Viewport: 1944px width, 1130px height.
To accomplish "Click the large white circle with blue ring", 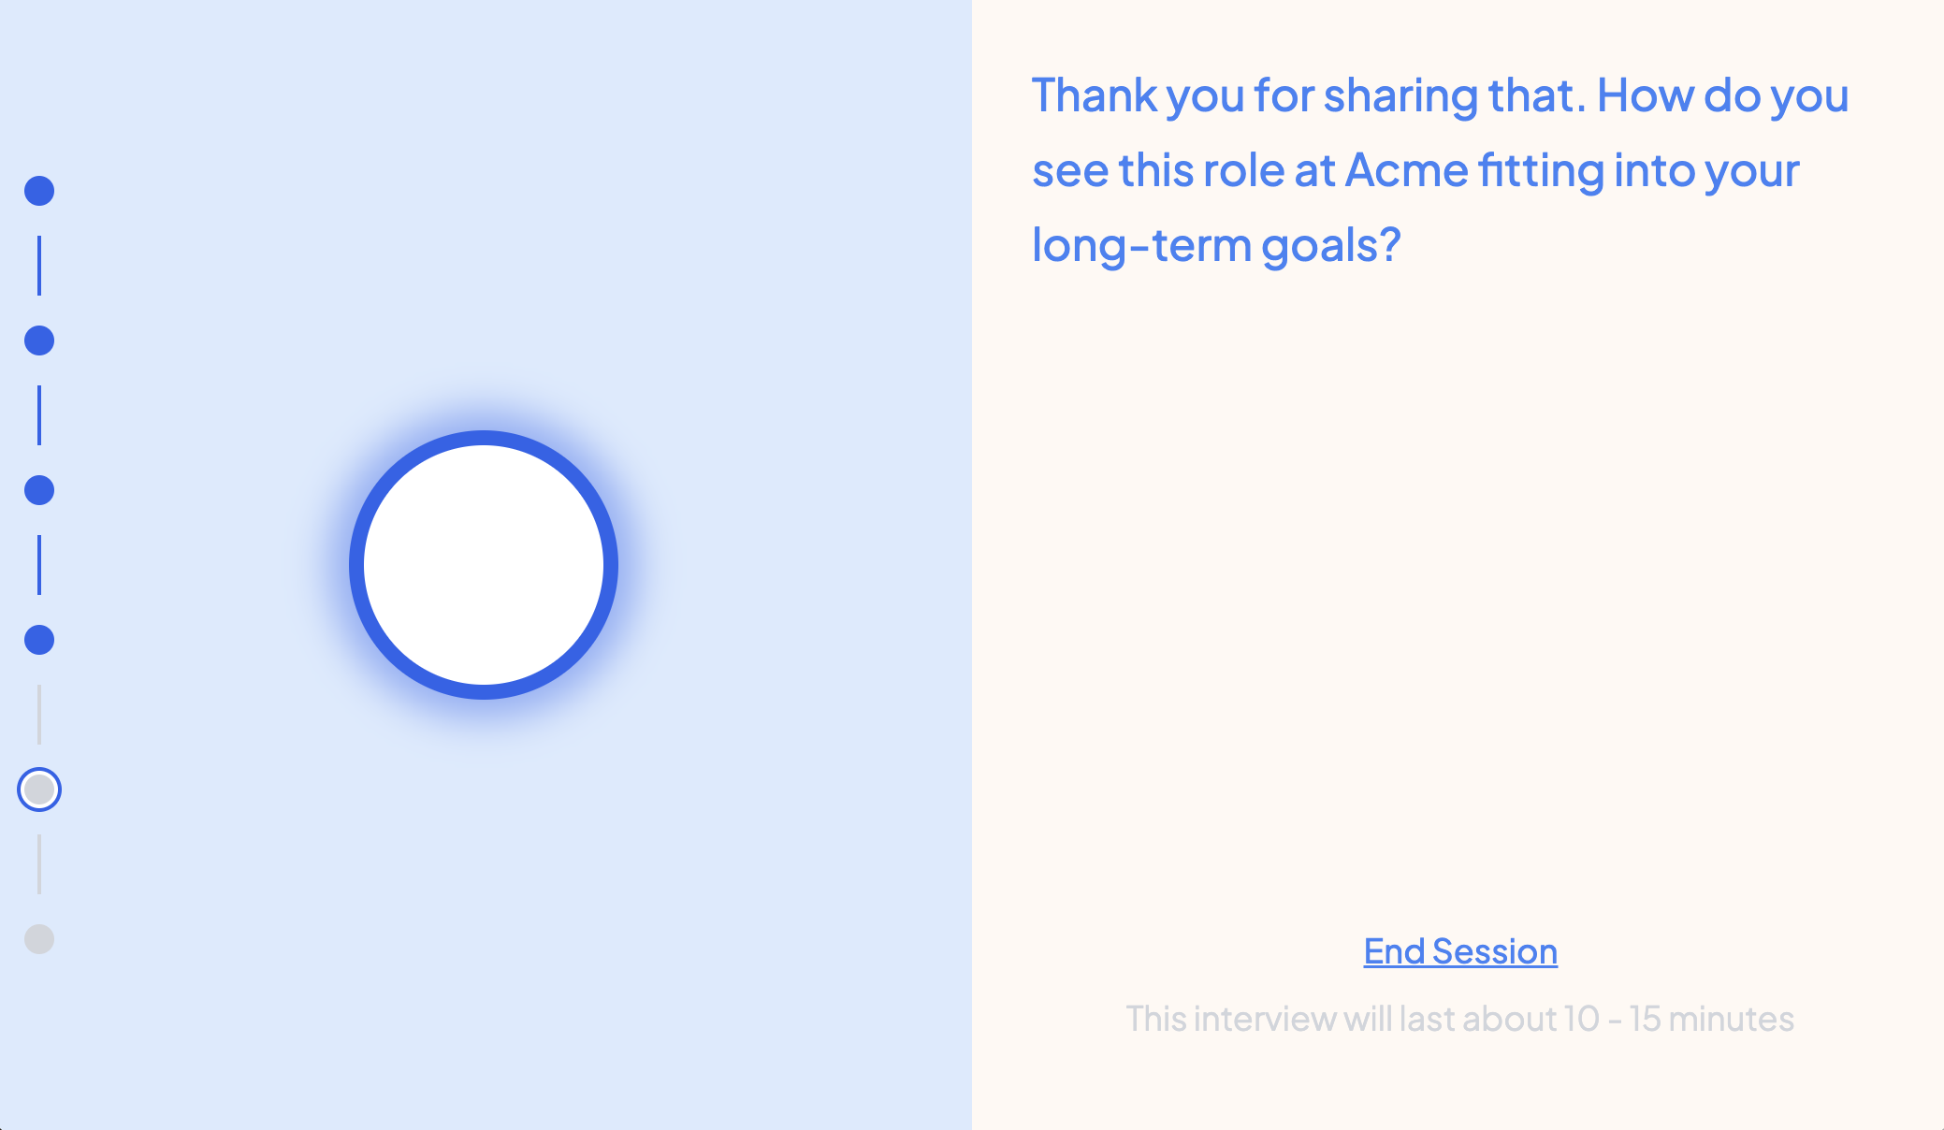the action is point(484,565).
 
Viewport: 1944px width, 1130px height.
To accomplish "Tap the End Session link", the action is point(1460,951).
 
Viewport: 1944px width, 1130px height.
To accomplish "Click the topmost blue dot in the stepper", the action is point(39,191).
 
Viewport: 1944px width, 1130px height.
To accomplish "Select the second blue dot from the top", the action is point(39,340).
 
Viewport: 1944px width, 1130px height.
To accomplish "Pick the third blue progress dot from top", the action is point(39,490).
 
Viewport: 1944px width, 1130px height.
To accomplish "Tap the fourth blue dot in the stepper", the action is point(39,640).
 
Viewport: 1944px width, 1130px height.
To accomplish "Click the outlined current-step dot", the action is point(39,790).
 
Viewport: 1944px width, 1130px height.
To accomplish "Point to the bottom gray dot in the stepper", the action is point(39,939).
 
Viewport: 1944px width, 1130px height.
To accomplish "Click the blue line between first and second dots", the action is point(39,266).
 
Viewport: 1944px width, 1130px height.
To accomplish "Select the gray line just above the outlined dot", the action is point(39,715).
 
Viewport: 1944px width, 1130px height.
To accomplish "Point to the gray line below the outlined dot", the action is point(39,864).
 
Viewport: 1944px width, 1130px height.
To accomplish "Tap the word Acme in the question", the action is point(1407,170).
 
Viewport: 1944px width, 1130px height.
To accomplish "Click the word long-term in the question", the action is point(1141,246).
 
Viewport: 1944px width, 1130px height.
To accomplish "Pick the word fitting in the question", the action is point(1541,172).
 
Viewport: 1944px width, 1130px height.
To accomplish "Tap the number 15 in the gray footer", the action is point(1645,1019).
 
